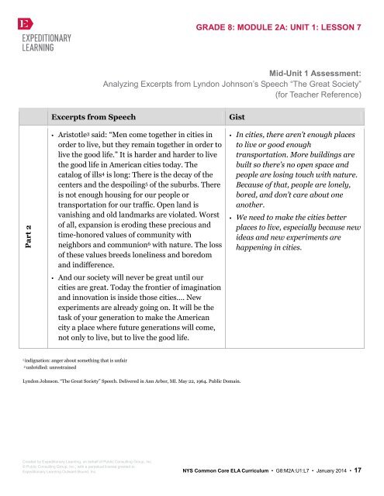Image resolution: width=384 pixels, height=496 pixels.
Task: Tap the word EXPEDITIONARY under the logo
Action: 42,38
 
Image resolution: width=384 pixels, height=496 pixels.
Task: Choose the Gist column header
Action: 237,118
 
